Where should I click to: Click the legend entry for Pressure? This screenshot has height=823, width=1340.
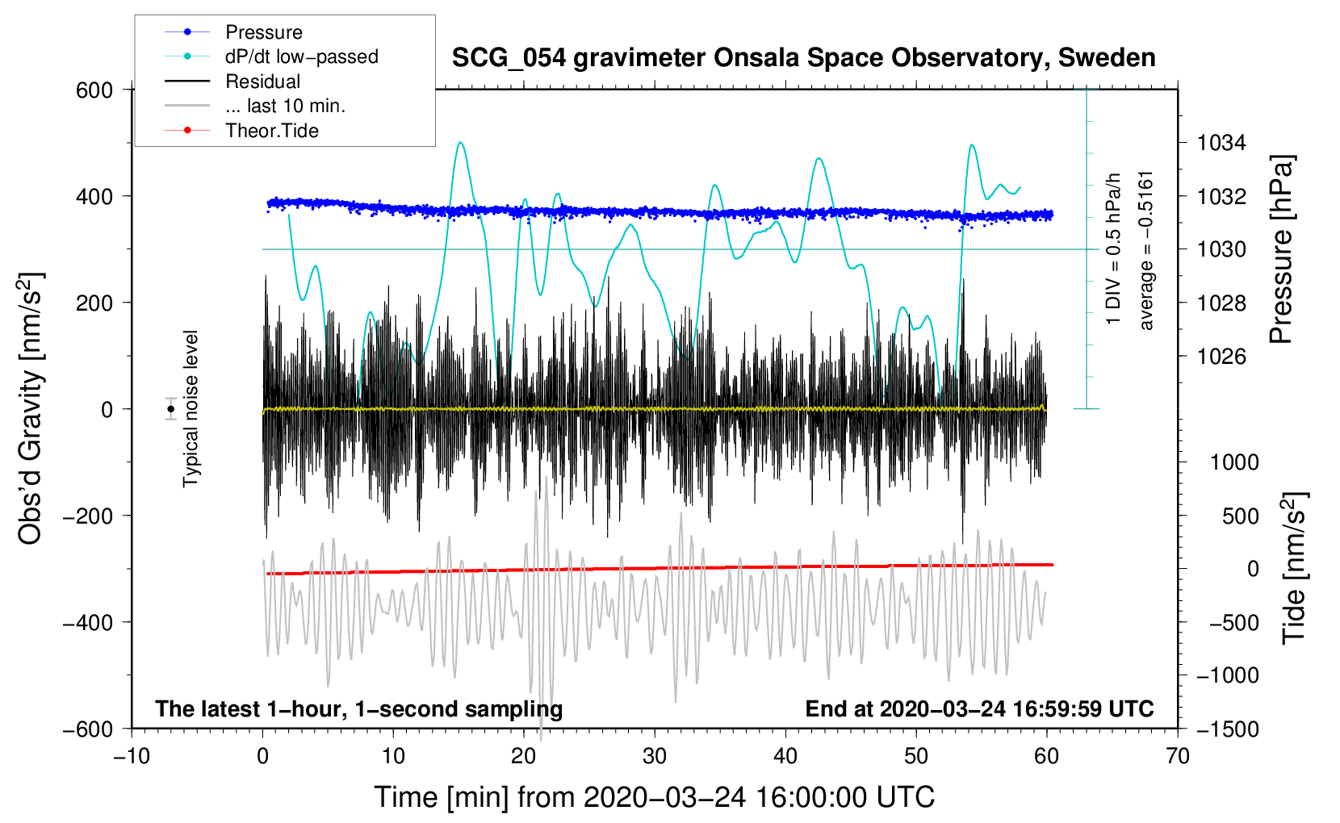[263, 32]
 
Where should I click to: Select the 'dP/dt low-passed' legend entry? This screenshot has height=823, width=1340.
[301, 56]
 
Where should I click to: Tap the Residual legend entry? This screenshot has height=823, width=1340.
[262, 81]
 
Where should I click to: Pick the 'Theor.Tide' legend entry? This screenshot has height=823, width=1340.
[271, 131]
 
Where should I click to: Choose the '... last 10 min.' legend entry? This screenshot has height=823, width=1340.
[285, 106]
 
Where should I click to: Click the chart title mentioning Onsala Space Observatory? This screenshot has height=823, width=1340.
[803, 58]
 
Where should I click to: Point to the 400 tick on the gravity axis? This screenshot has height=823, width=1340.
[94, 196]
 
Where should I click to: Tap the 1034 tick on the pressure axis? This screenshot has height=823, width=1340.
[1221, 143]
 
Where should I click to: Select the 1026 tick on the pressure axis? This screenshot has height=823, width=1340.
[1221, 356]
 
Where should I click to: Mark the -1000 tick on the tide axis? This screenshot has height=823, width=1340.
[1228, 675]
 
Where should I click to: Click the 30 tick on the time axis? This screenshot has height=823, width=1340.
[655, 756]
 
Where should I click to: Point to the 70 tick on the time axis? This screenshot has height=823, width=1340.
[1178, 756]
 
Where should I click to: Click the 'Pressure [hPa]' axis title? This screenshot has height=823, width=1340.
[1281, 249]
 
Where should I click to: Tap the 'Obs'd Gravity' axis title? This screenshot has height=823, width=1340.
[30, 409]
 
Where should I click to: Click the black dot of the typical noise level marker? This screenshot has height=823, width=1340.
[170, 409]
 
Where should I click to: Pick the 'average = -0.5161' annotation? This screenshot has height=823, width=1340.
[1147, 250]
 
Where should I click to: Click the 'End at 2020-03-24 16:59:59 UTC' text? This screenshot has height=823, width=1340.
[979, 708]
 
